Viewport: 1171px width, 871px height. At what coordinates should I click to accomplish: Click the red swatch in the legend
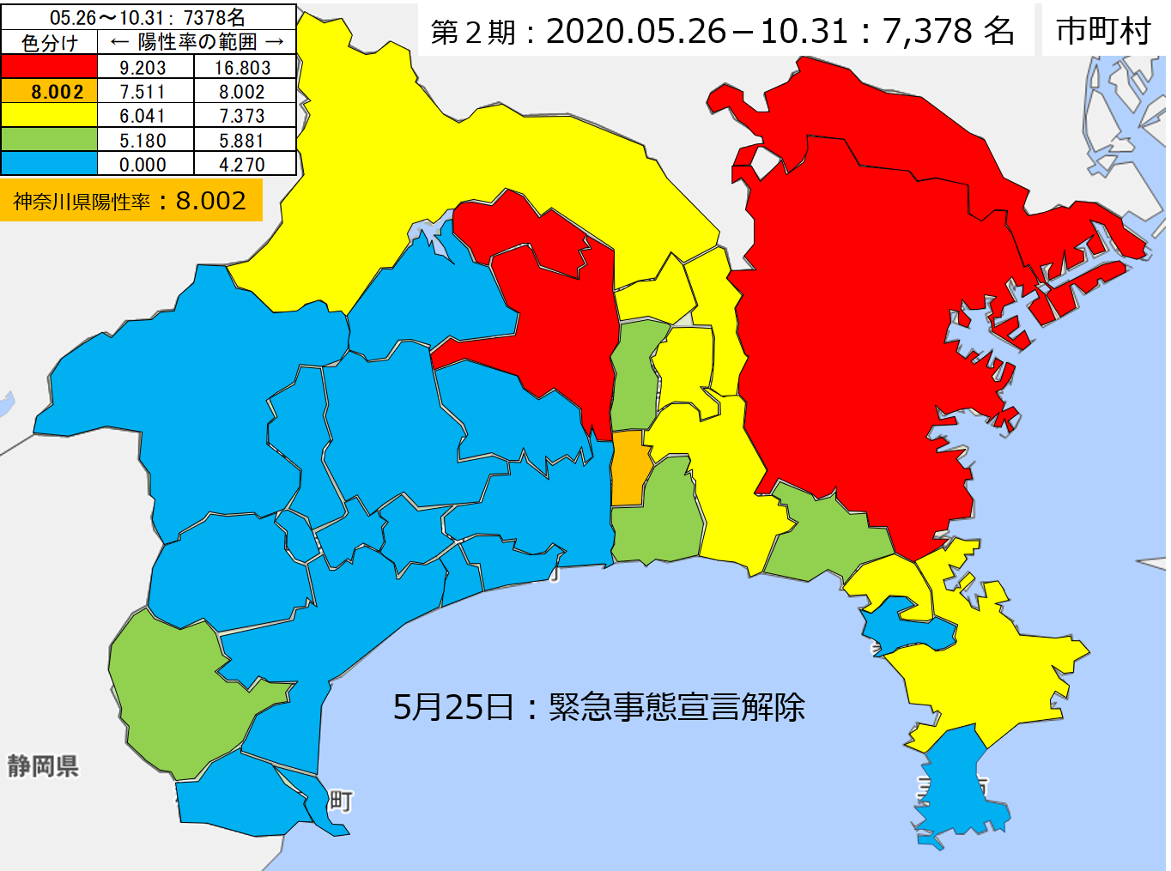coord(49,67)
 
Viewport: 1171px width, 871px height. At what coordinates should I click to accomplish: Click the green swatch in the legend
coord(49,140)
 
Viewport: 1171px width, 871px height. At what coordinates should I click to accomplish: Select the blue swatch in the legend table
coord(49,164)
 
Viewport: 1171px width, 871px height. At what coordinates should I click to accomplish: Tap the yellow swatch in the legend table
coord(49,115)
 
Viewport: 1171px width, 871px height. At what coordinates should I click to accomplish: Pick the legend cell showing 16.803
coord(243,67)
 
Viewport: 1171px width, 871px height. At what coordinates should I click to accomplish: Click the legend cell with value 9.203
coord(143,67)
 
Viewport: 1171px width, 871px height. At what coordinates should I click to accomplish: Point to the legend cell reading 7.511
coord(143,92)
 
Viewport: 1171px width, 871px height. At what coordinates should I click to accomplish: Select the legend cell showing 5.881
coord(243,140)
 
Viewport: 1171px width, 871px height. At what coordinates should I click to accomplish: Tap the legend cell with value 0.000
coord(143,164)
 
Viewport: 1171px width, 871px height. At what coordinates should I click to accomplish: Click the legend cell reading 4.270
coord(243,164)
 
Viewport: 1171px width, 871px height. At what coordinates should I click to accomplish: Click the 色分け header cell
coord(49,42)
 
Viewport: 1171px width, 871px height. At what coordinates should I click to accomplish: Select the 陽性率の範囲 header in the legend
coord(197,42)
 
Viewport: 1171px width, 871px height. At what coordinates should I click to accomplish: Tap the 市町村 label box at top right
coord(1103,31)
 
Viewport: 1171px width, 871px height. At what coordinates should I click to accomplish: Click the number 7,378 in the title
coord(926,31)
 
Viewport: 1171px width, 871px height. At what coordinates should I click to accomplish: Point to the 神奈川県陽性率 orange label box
coord(130,201)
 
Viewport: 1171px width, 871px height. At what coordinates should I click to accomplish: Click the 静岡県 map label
coord(43,765)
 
